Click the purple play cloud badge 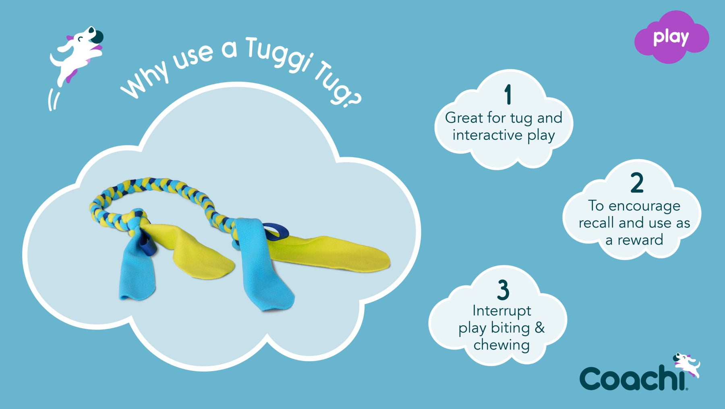[671, 37]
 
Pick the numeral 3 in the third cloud [503, 290]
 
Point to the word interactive [487, 135]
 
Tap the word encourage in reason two [644, 207]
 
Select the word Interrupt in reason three [501, 311]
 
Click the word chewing [501, 345]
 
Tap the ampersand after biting [540, 328]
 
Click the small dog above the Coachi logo [687, 364]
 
